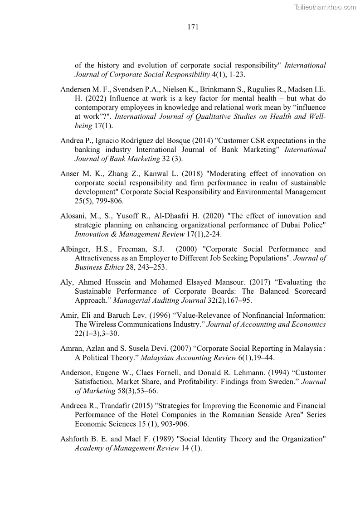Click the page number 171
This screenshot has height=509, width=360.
click(193, 27)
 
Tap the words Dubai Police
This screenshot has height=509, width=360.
click(304, 225)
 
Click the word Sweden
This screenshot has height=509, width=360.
click(280, 382)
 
